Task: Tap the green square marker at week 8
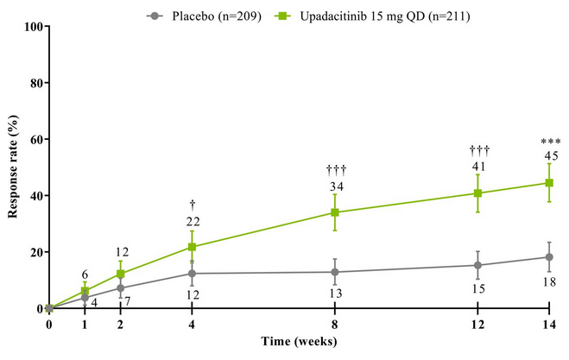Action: point(335,212)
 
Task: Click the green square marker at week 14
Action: point(548,183)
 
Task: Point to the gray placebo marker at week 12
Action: point(477,265)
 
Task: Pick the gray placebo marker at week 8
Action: point(335,272)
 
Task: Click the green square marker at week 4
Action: point(192,247)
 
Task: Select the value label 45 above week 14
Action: point(550,155)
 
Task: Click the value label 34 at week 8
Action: point(335,186)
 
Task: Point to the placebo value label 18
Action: point(550,281)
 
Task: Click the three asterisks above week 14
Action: point(550,142)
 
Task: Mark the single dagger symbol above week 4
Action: point(193,204)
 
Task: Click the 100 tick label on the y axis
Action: point(33,27)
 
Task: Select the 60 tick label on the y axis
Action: point(35,139)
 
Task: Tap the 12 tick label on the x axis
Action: point(477,325)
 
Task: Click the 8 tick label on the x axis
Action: point(335,325)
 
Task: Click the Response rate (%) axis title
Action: point(13,168)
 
